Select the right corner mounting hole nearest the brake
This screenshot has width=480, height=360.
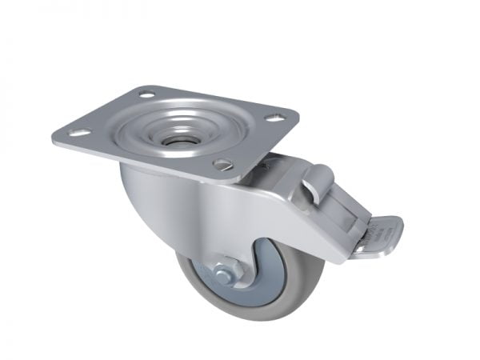274,118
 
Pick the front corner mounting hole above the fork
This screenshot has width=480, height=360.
223,164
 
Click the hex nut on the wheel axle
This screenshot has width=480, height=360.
225,274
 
